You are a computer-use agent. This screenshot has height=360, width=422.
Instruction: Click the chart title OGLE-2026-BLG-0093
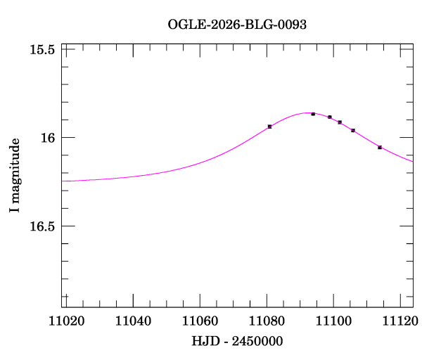pyautogui.click(x=237, y=24)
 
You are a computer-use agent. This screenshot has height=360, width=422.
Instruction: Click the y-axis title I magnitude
pyautogui.click(x=13, y=176)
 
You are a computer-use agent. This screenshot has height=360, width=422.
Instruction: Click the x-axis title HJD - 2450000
pyautogui.click(x=237, y=341)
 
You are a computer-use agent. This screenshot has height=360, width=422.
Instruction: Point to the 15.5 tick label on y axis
pyautogui.click(x=42, y=50)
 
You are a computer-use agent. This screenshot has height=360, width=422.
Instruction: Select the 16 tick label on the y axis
pyautogui.click(x=48, y=138)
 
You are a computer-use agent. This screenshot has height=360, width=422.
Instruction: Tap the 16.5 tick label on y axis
pyautogui.click(x=42, y=226)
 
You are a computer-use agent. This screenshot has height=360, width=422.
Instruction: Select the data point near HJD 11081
pyautogui.click(x=270, y=127)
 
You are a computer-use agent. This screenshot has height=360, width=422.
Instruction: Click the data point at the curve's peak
pyautogui.click(x=313, y=114)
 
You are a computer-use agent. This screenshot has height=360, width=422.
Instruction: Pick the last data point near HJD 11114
pyautogui.click(x=380, y=148)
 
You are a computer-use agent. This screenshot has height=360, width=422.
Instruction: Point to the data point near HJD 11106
pyautogui.click(x=353, y=131)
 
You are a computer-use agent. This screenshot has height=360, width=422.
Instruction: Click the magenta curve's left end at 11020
pyautogui.click(x=63, y=181)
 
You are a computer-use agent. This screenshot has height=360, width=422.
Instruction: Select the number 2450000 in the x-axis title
pyautogui.click(x=257, y=341)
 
